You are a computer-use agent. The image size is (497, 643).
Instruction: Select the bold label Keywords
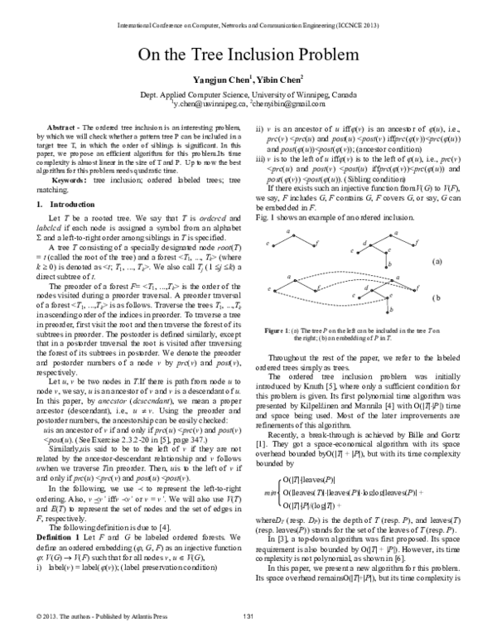pos(70,180)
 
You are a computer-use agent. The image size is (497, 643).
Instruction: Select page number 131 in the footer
pos(248,636)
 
